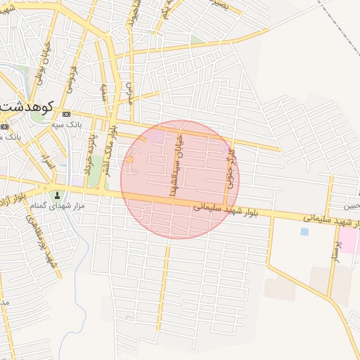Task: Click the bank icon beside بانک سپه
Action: [66, 114]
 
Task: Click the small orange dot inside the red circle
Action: [130, 160]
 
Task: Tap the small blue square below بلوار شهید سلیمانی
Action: [304, 231]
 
